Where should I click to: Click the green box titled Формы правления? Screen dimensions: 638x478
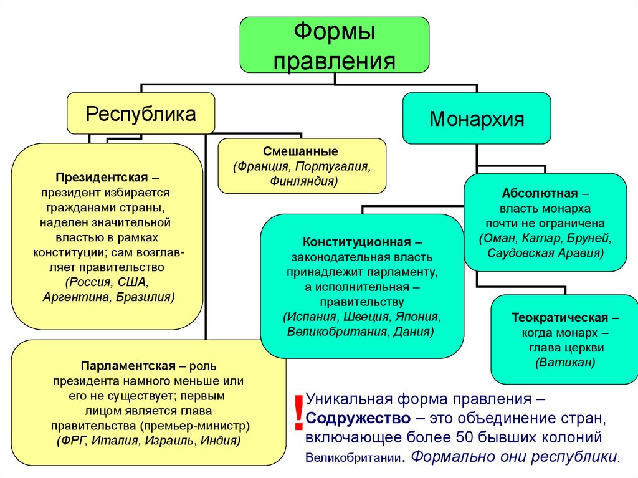click(334, 45)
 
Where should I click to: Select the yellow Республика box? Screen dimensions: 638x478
click(141, 113)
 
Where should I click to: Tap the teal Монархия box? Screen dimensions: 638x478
click(477, 118)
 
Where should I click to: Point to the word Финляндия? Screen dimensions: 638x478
click(303, 181)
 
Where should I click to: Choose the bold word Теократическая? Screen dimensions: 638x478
click(556, 317)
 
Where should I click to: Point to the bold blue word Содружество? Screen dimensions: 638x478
click(358, 417)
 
